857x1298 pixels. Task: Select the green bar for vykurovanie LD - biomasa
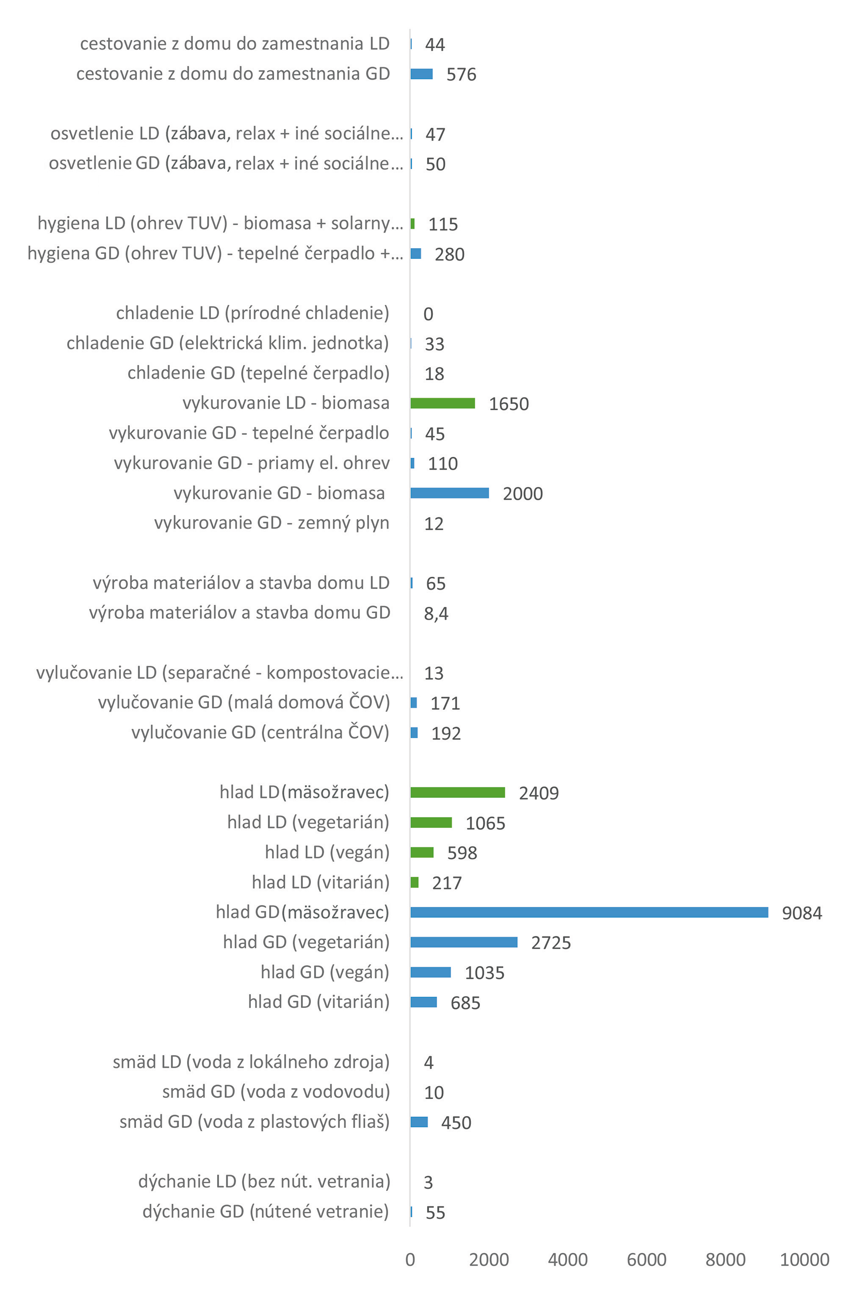[442, 403]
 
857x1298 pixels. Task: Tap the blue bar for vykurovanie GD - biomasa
[449, 493]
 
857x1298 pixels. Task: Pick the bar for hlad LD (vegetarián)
[431, 822]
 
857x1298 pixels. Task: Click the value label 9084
[801, 913]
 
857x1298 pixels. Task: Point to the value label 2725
[550, 943]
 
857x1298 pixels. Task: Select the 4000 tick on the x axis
[568, 1259]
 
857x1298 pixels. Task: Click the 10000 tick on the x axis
[804, 1259]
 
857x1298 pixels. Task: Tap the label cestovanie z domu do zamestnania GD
[233, 74]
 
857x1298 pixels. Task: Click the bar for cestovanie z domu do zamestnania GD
[421, 74]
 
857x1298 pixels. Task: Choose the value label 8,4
[436, 614]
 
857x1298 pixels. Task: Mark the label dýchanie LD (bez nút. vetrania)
[264, 1181]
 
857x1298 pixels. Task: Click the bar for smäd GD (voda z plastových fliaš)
[419, 1122]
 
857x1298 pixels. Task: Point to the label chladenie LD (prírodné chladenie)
[252, 313]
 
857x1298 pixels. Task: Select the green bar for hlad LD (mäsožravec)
[458, 792]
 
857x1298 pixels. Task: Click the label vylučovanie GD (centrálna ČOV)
[260, 732]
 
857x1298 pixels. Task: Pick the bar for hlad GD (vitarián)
[424, 1002]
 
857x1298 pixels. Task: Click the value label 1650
[508, 404]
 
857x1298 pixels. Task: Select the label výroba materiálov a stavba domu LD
[241, 583]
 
